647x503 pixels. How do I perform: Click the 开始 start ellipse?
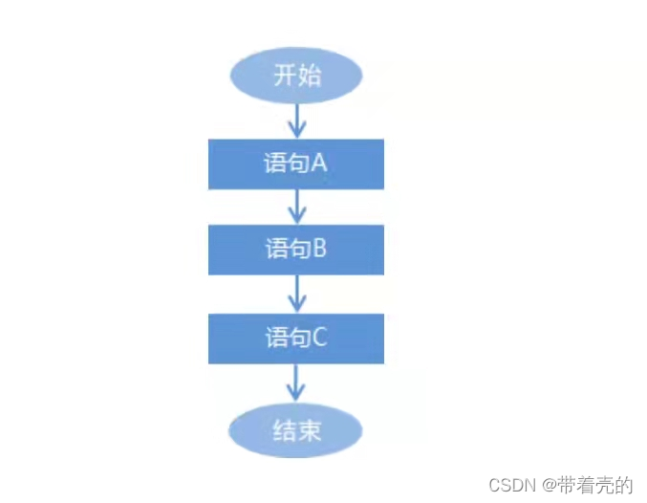pyautogui.click(x=296, y=76)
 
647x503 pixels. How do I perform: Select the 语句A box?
pyautogui.click(x=296, y=164)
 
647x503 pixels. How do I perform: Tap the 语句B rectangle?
pyautogui.click(x=296, y=250)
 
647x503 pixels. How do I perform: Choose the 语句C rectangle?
pyautogui.click(x=296, y=339)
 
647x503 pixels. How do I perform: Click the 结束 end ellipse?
pyautogui.click(x=296, y=431)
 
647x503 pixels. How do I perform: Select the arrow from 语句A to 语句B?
pyautogui.click(x=296, y=206)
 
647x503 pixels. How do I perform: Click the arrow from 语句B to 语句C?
pyautogui.click(x=296, y=294)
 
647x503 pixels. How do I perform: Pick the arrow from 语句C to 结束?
pyautogui.click(x=296, y=383)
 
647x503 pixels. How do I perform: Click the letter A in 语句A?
pyautogui.click(x=319, y=164)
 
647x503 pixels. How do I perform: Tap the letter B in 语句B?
pyautogui.click(x=320, y=250)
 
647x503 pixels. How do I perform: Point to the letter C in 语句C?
pyautogui.click(x=320, y=339)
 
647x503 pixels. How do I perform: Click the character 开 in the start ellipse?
pyautogui.click(x=285, y=76)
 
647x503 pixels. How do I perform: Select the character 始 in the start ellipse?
pyautogui.click(x=309, y=76)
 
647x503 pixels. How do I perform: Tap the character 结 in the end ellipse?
pyautogui.click(x=285, y=431)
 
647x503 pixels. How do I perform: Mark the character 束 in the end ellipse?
pyautogui.click(x=309, y=431)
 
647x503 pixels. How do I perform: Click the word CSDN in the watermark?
pyautogui.click(x=509, y=486)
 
